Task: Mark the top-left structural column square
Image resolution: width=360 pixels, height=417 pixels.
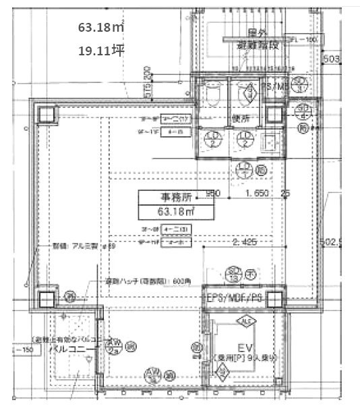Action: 47,114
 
